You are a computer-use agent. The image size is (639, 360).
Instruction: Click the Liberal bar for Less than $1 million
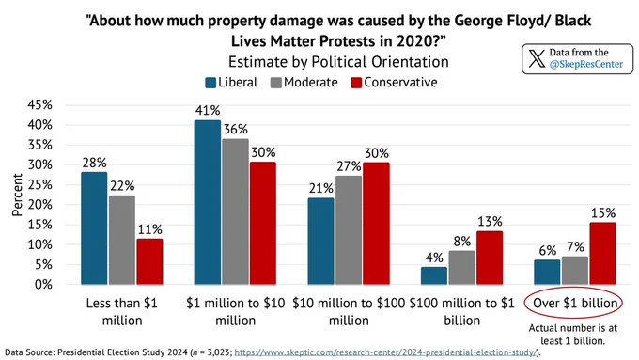tap(94, 228)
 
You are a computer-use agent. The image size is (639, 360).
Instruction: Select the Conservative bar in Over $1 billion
tap(602, 254)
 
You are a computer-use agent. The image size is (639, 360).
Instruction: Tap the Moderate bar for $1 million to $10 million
tap(235, 211)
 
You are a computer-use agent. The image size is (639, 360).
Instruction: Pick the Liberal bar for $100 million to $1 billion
tap(433, 275)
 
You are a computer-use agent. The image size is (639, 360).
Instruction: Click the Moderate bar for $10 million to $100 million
tap(349, 230)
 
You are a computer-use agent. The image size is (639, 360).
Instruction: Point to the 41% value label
tap(208, 111)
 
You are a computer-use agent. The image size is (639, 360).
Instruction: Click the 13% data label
tap(490, 222)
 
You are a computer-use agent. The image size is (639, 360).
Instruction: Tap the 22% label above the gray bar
tap(122, 186)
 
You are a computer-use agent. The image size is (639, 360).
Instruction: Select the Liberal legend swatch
tap(210, 83)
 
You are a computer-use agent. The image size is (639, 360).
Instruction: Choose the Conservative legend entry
tap(394, 83)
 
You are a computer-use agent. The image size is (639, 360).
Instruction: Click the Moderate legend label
tap(311, 83)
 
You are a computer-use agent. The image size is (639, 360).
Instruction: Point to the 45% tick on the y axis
tap(39, 104)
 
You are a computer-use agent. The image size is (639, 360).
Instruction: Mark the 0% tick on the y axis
tap(43, 285)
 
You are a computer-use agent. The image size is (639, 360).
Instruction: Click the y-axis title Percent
tap(17, 195)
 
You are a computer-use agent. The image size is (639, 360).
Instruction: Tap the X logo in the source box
tap(537, 58)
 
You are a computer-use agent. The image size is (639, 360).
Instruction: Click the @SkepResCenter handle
tap(586, 64)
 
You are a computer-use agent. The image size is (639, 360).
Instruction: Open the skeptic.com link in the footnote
tap(384, 352)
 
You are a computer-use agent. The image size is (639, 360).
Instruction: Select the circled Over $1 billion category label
tap(575, 303)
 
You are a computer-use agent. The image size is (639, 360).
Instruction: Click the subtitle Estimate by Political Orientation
tap(338, 62)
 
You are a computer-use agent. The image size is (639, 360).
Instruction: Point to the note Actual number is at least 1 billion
tap(573, 335)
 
